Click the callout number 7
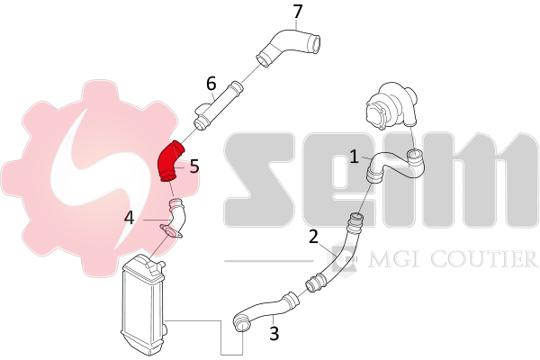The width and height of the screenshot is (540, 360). click(x=298, y=12)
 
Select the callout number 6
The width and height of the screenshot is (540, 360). click(x=211, y=84)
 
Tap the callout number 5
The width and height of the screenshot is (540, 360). click(x=194, y=166)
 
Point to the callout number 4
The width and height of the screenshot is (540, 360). click(x=129, y=218)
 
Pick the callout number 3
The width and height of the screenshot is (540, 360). click(x=274, y=333)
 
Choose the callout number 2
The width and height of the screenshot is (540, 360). click(x=313, y=237)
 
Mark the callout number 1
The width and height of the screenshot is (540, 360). click(x=354, y=157)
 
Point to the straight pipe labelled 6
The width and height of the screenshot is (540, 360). click(x=218, y=106)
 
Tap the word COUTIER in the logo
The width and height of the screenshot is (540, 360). click(x=484, y=259)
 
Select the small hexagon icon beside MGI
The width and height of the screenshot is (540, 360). click(x=342, y=257)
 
